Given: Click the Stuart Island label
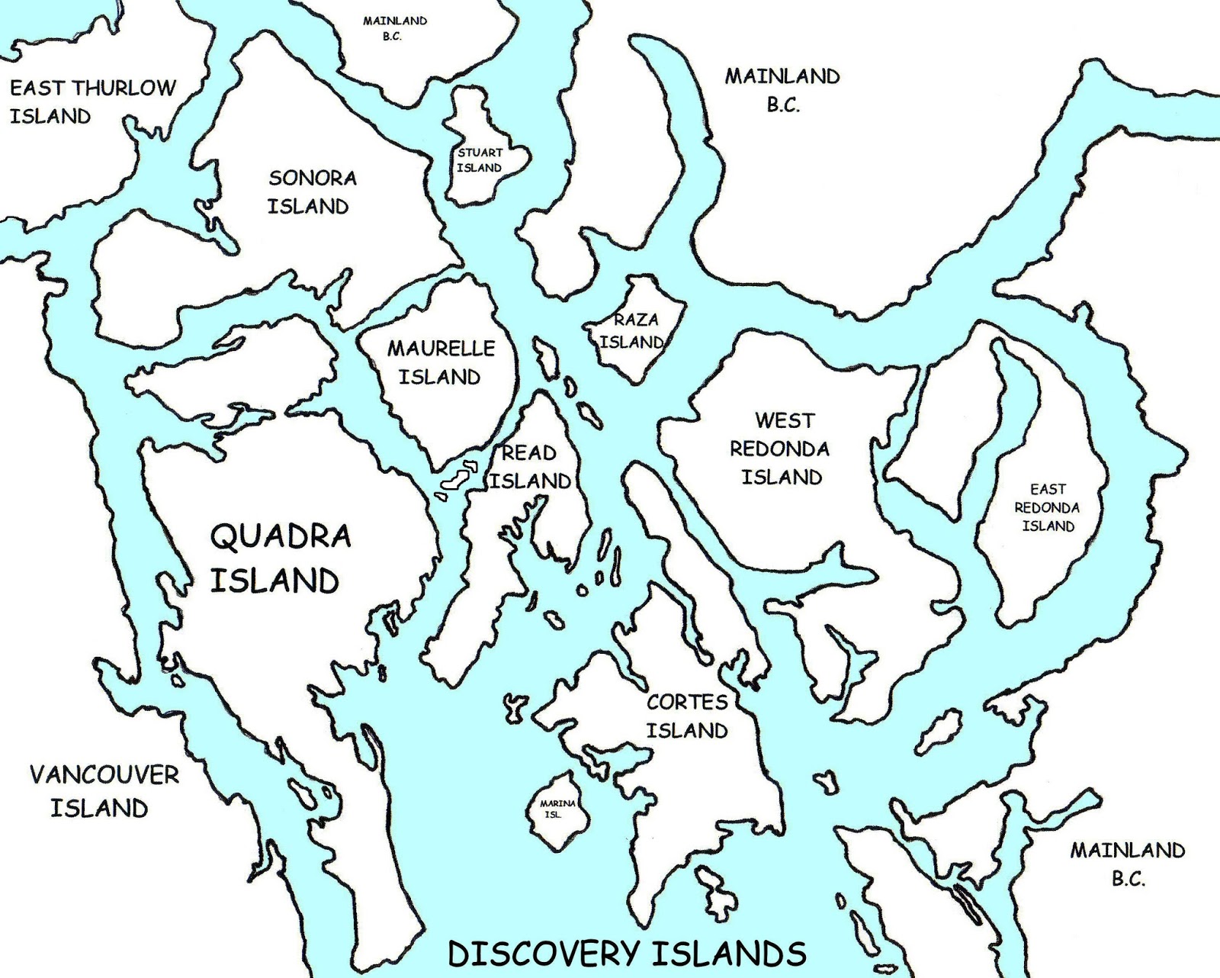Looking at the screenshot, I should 480,160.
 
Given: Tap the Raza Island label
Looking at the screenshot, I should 633,331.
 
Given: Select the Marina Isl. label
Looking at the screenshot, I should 557,809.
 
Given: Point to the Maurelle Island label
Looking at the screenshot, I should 441,362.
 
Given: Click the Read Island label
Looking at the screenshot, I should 530,467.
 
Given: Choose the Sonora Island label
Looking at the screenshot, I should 311,192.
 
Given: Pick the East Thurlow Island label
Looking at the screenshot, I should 91,101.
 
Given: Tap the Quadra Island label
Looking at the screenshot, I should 279,558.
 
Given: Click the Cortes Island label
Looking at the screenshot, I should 686,716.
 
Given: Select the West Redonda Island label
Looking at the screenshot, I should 781,449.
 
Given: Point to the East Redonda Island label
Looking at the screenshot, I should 1047,507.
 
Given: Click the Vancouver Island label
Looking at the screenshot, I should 103,791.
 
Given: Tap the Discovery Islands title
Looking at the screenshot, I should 627,954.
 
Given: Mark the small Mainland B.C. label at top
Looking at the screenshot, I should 394,28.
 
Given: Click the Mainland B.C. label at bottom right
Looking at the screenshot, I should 1127,864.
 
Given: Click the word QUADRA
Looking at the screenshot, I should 280,536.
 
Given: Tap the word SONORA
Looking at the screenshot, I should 313,179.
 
